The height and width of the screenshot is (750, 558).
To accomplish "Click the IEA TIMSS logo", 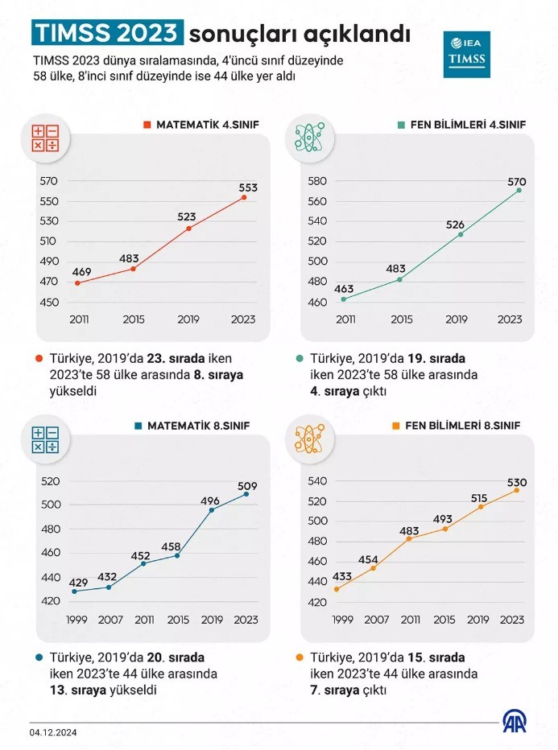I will pyautogui.click(x=466, y=55).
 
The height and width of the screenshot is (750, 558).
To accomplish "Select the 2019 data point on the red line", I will pyautogui.click(x=188, y=229).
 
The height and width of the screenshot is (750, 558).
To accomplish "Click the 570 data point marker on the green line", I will pyautogui.click(x=519, y=190).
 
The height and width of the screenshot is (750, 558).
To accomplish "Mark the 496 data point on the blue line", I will pyautogui.click(x=212, y=509).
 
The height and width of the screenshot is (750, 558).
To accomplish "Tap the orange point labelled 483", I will pyautogui.click(x=410, y=538).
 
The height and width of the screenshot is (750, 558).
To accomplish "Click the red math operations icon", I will pyautogui.click(x=45, y=138).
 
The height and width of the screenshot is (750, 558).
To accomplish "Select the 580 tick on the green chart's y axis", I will pyautogui.click(x=317, y=181).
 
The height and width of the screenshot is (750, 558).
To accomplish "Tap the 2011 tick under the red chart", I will pyautogui.click(x=79, y=319).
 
